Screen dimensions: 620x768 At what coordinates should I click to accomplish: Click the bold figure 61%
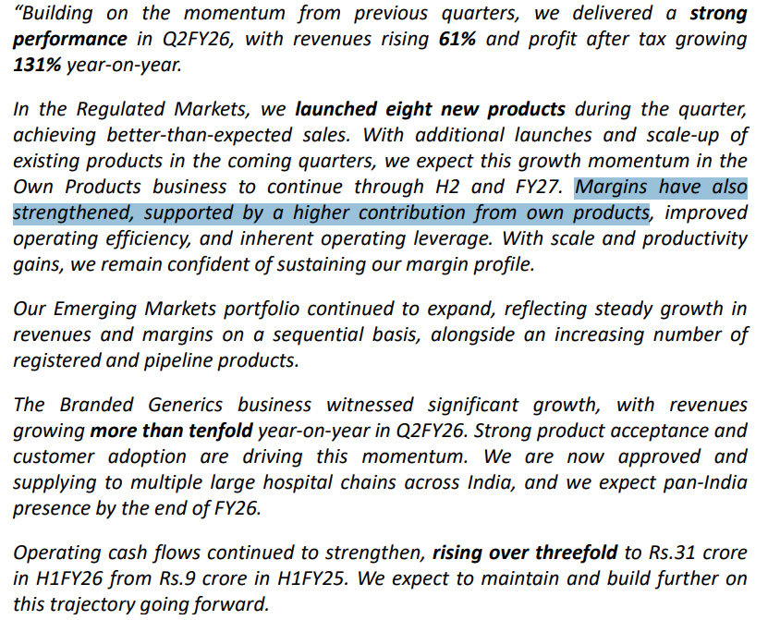coord(456,40)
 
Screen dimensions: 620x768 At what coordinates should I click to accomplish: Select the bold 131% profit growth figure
coord(33,65)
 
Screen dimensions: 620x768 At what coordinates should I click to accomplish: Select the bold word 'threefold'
coord(571,553)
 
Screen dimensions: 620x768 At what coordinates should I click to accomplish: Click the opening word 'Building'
coord(55,14)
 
